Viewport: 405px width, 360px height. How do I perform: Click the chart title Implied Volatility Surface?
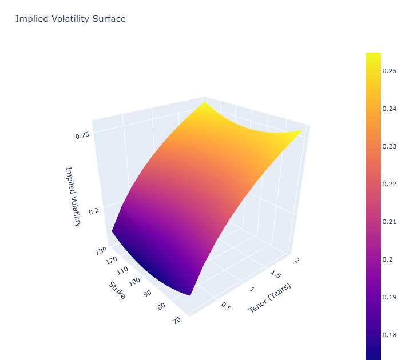point(70,19)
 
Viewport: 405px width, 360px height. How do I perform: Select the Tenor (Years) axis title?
point(270,298)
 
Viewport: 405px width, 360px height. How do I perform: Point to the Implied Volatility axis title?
point(73,196)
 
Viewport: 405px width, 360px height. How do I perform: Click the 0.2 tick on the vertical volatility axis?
point(94,211)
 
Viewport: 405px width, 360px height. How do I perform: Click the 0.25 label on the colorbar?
point(390,71)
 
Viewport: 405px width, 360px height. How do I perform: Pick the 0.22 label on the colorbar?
point(390,184)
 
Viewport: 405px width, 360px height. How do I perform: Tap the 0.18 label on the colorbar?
point(390,335)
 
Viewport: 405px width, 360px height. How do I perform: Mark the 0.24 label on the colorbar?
point(390,109)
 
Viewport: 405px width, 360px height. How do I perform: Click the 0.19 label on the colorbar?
point(390,297)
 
